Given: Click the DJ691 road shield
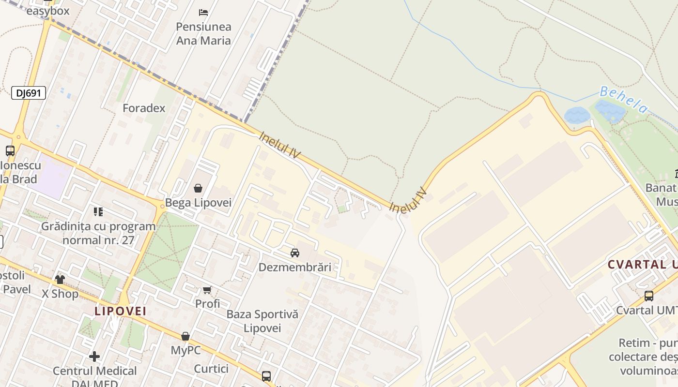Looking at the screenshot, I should [29, 93].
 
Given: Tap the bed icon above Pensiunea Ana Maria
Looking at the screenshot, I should [203, 12].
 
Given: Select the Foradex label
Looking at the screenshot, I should [144, 108].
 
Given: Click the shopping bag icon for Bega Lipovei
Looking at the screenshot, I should [198, 188].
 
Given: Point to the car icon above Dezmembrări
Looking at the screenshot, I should [295, 253].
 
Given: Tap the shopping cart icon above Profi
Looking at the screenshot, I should [207, 290].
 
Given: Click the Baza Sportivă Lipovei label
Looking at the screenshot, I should [262, 321].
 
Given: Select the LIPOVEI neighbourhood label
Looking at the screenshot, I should [121, 311].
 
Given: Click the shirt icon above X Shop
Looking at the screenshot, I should [60, 279].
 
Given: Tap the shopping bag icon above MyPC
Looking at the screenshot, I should [185, 336].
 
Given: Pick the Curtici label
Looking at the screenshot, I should [211, 369].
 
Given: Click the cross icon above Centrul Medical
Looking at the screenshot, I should [94, 357].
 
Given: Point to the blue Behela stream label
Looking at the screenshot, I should [623, 100].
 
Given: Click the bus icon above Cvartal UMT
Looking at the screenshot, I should [649, 296].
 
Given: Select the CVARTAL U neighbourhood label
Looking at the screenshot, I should [642, 265].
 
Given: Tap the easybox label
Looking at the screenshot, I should [48, 11].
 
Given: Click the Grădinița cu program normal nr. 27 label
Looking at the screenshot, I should [98, 233].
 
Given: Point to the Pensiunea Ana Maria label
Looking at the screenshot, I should [203, 33].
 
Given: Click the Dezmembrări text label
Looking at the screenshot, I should [295, 267].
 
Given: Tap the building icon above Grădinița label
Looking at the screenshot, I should [98, 212].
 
